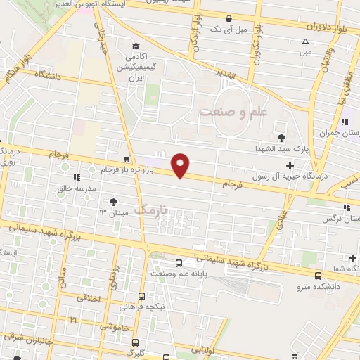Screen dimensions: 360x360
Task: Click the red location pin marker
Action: [181, 165]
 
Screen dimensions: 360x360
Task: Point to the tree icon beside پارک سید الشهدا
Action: [282, 137]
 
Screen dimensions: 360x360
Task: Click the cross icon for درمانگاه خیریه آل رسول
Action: [290, 165]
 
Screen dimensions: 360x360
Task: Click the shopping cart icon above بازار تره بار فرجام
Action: [126, 159]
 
